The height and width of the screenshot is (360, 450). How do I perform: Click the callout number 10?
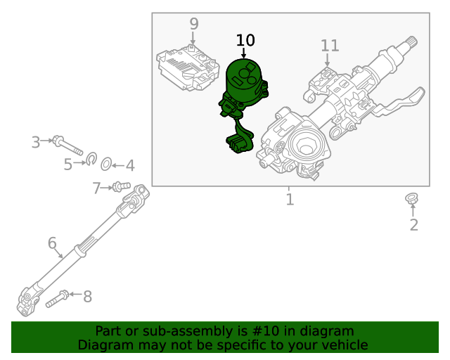pyautogui.click(x=245, y=41)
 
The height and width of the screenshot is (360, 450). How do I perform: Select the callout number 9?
pyautogui.click(x=194, y=25)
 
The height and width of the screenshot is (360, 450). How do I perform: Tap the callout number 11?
pyautogui.click(x=330, y=46)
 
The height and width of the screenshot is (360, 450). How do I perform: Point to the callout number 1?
pyautogui.click(x=290, y=200)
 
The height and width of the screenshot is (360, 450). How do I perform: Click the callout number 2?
pyautogui.click(x=413, y=225)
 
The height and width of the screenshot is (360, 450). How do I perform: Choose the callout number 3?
pyautogui.click(x=36, y=143)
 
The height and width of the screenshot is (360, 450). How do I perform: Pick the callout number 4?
pyautogui.click(x=129, y=166)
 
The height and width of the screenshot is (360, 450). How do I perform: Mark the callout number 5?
pyautogui.click(x=68, y=165)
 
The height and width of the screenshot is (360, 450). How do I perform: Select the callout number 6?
pyautogui.click(x=52, y=243)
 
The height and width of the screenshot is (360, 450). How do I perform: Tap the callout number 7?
pyautogui.click(x=97, y=188)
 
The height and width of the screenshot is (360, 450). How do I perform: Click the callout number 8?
pyautogui.click(x=87, y=297)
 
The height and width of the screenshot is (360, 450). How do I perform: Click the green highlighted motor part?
pyautogui.click(x=243, y=88)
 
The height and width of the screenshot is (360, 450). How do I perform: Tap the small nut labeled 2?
pyautogui.click(x=412, y=199)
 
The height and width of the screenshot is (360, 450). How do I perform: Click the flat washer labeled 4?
pyautogui.click(x=105, y=165)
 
